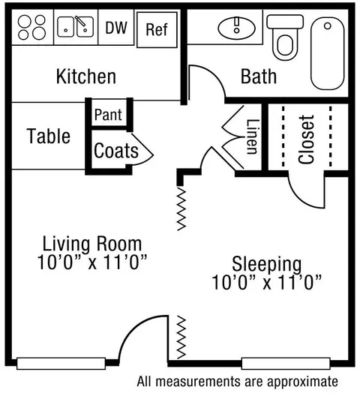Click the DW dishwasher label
click(x=116, y=28)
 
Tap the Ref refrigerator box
click(x=157, y=29)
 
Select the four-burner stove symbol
click(x=31, y=28)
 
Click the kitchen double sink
click(x=76, y=26)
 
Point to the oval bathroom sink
click(x=237, y=28)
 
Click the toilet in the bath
click(x=285, y=37)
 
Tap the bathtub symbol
click(x=328, y=53)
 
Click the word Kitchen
click(x=86, y=76)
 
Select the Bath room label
click(x=259, y=76)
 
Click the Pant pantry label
click(x=108, y=115)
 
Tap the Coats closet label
click(x=116, y=151)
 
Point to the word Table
click(x=49, y=136)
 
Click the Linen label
click(x=252, y=136)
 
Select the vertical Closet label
click(x=306, y=139)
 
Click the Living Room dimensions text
click(x=92, y=262)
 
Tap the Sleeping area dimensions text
click(x=267, y=282)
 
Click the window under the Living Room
click(x=61, y=364)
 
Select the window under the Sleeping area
click(x=286, y=364)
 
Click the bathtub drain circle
click(x=328, y=25)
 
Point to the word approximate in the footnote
click(x=302, y=382)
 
